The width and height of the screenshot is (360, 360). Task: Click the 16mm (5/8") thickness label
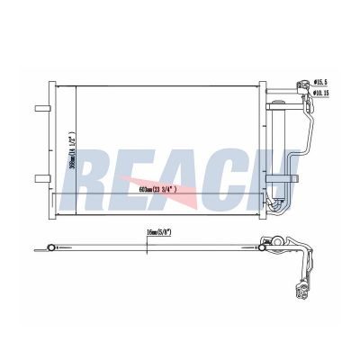click(159, 232)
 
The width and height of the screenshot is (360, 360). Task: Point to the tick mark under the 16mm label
click(158, 240)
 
